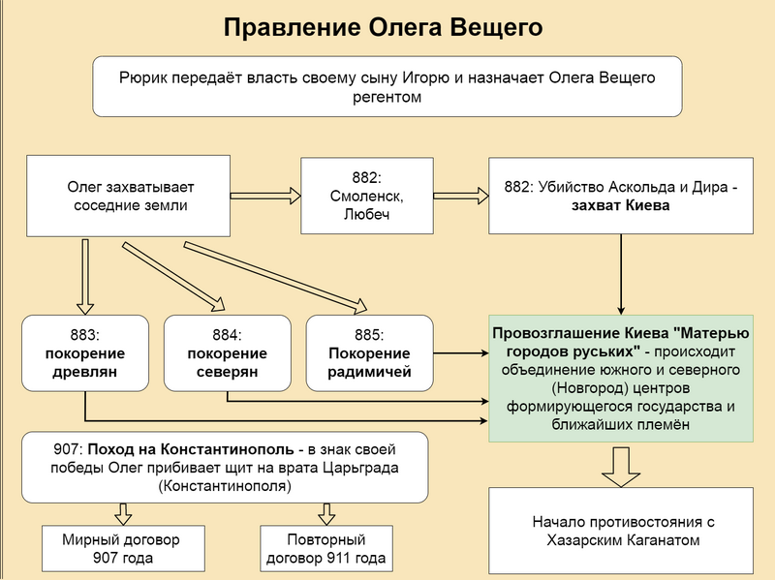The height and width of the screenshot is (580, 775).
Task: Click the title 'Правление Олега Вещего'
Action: coord(383,27)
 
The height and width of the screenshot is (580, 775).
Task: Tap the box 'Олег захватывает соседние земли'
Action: coord(126,194)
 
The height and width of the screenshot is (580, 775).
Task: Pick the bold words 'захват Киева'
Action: coord(620,205)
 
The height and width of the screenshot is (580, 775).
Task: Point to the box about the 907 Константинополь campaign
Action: coord(225,467)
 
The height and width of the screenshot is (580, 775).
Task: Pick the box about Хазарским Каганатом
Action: coord(620,530)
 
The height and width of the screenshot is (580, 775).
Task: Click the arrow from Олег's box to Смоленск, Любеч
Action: coord(265,193)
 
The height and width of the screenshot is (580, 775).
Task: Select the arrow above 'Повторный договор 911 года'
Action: coord(324,513)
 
